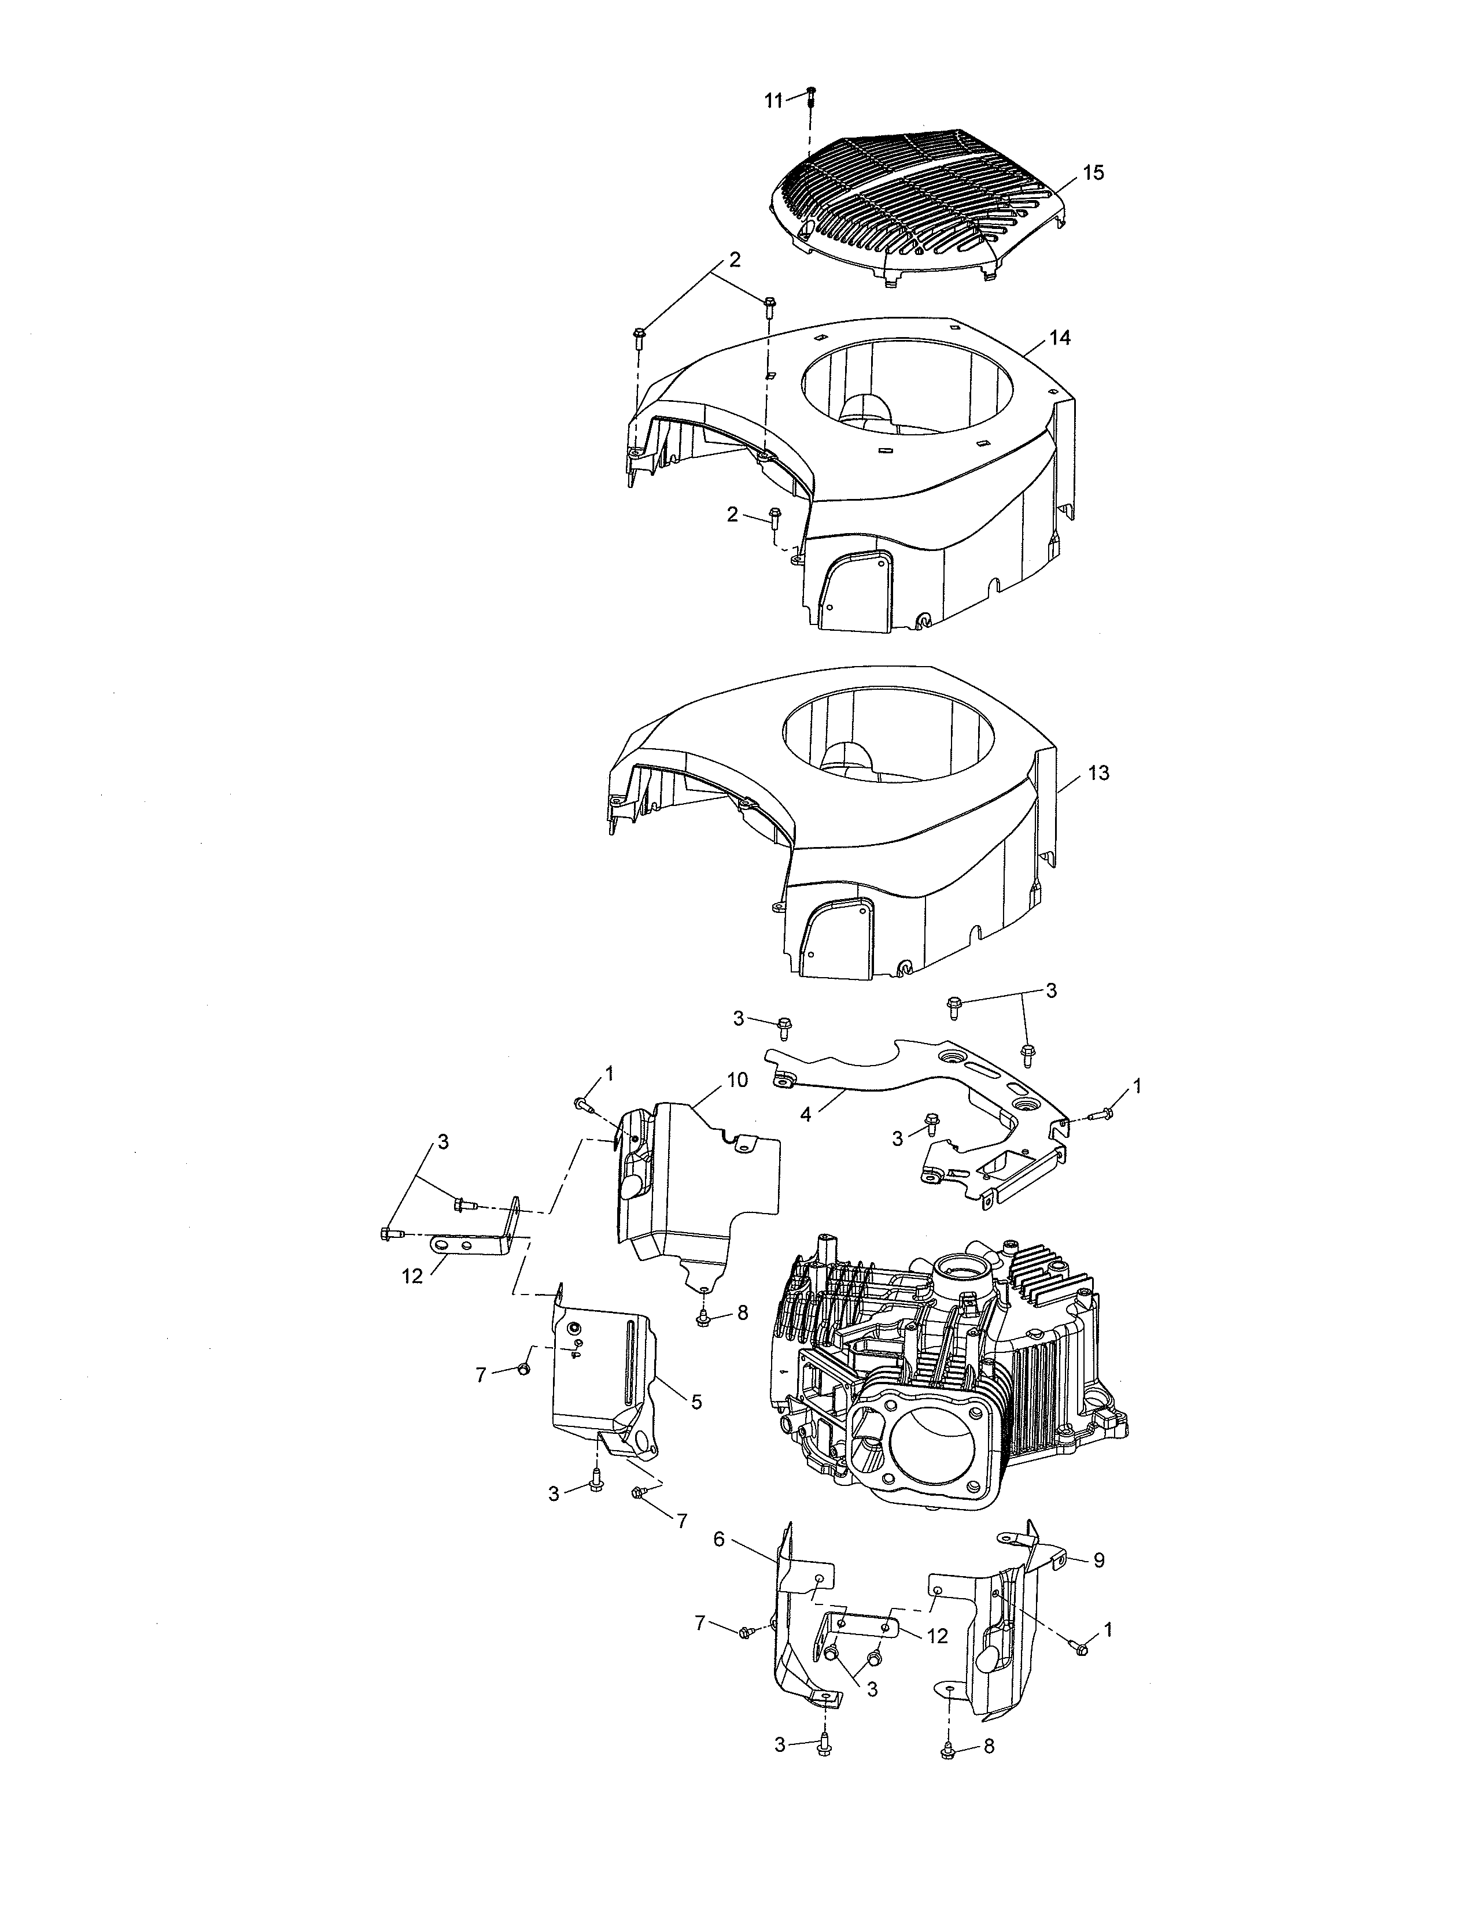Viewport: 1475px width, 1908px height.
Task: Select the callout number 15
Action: pyautogui.click(x=1093, y=173)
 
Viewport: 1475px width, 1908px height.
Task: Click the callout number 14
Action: pyautogui.click(x=1060, y=337)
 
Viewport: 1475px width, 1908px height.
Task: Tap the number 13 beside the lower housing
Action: pyautogui.click(x=1098, y=772)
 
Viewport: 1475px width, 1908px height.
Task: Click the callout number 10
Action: pyautogui.click(x=736, y=1080)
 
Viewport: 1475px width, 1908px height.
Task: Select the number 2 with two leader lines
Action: pyautogui.click(x=735, y=260)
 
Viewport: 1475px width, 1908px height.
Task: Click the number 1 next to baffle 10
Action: pyautogui.click(x=609, y=1072)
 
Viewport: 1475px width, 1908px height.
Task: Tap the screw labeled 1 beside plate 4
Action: pyautogui.click(x=1104, y=1113)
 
